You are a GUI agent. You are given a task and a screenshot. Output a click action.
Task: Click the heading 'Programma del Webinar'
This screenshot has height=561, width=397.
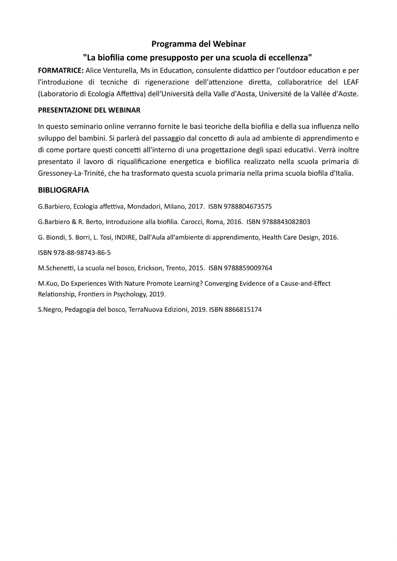[198, 44]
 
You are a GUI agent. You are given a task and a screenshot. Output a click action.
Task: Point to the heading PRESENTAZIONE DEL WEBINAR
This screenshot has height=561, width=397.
[89, 110]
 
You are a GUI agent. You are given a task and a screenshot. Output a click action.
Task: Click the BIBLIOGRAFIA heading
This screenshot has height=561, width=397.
[63, 190]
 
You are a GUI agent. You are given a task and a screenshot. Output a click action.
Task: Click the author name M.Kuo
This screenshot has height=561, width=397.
[47, 283]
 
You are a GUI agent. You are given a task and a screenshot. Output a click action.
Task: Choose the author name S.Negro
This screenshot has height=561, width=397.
[49, 310]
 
